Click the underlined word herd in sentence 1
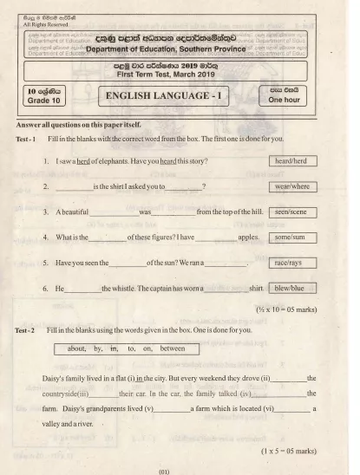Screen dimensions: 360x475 coord(82,162)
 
